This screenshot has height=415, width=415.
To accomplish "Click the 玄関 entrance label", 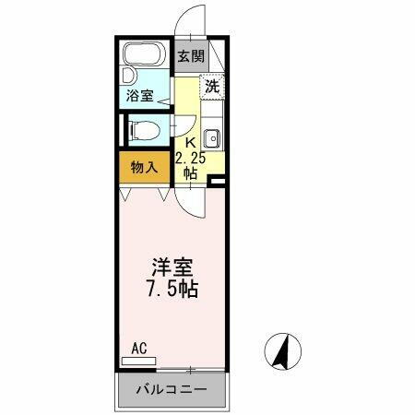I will coord(191,56).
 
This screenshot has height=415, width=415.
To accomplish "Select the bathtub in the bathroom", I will coord(145,56).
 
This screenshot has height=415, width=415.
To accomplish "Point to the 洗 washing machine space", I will coord(212,88).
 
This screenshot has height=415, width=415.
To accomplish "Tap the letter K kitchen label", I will coord(191,142).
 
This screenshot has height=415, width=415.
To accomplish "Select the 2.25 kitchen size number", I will coord(191,157).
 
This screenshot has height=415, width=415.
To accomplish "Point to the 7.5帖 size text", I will coord(173,289).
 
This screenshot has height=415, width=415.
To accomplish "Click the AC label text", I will coord(138,348).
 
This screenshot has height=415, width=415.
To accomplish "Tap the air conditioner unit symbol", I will coord(138,361).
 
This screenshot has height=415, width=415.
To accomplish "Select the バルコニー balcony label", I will coord(172,390).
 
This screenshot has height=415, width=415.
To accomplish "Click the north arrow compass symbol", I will coord(286,351).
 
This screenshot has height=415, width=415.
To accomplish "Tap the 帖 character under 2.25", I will coord(191,172).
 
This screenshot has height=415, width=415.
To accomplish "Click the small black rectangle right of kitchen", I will coord(219,180).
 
